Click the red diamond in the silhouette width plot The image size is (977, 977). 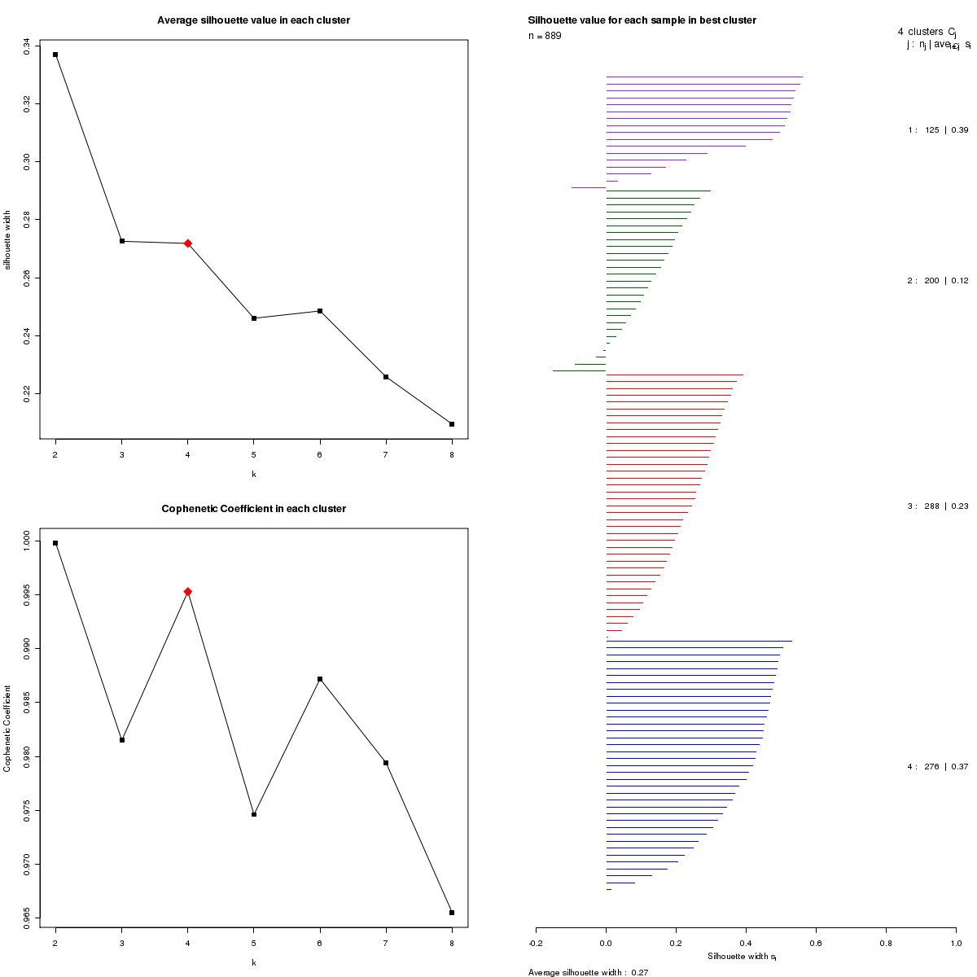pos(188,243)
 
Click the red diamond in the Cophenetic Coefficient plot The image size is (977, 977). pos(188,592)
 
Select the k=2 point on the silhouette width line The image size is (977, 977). pos(55,55)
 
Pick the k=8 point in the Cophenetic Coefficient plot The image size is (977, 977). pos(452,913)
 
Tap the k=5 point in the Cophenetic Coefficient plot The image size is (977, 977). pos(254,814)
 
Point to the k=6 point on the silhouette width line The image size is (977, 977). pos(320,311)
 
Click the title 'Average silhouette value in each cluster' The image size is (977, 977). pos(254,20)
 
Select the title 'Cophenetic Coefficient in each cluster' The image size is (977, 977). pos(254,509)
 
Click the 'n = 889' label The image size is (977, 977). pos(545,36)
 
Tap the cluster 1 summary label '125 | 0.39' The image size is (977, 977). pos(938,130)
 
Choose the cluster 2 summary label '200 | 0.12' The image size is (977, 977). pos(938,281)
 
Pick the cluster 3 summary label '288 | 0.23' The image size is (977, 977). pos(938,506)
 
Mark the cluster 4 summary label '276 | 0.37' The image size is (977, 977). pos(938,767)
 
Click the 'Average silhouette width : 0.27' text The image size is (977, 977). pos(588,972)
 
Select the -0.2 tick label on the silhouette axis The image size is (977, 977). pos(536,943)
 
